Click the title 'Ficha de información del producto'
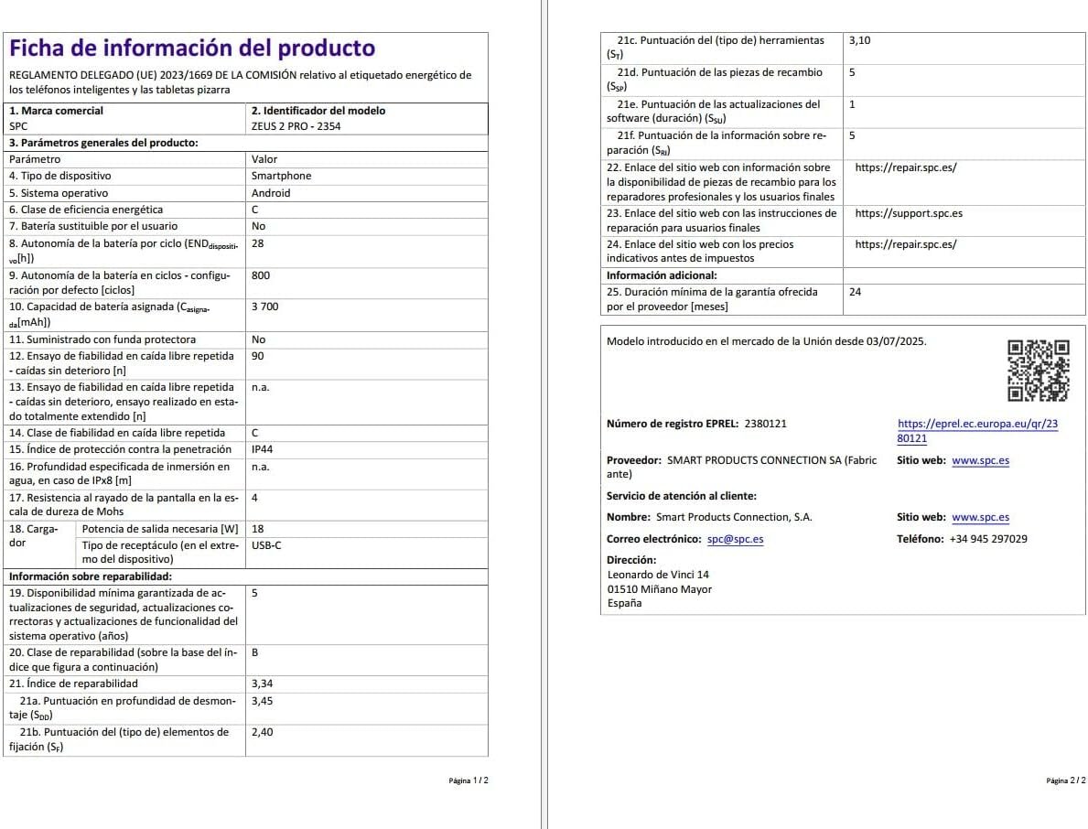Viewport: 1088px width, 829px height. tap(192, 48)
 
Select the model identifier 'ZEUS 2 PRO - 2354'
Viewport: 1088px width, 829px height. tap(296, 126)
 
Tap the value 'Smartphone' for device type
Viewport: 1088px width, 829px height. tap(281, 176)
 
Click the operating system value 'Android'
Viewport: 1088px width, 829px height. tap(271, 193)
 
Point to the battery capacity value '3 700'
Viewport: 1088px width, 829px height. tap(264, 307)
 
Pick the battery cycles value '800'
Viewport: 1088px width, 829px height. tap(260, 275)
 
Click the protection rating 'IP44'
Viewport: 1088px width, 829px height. tap(262, 449)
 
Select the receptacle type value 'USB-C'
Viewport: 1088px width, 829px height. tap(266, 545)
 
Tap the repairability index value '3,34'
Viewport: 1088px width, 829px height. tap(262, 684)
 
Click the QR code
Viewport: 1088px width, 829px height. tap(1038, 371)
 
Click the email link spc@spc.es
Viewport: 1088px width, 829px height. tap(735, 539)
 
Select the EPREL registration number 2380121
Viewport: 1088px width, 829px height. tap(765, 424)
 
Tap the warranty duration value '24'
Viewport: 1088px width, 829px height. tap(855, 292)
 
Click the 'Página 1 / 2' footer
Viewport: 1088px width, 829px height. tap(469, 781)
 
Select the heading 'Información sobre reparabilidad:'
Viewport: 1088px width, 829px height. tap(91, 576)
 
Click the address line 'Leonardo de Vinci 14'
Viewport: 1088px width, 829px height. tap(658, 575)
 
